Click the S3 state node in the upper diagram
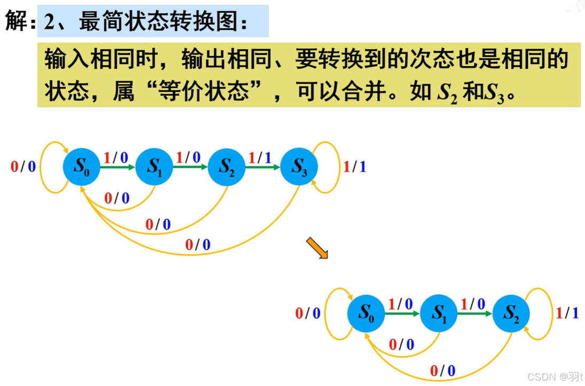coord(299,166)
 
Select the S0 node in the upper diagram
coord(81,166)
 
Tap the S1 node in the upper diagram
coord(154,166)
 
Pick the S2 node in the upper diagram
coord(227,166)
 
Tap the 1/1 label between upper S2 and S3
coord(260,158)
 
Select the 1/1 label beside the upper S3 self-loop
coord(355,167)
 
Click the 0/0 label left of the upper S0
coord(23,167)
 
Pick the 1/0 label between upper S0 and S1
coord(115,158)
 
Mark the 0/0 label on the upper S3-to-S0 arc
coord(198,245)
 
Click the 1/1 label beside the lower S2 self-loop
coord(567,313)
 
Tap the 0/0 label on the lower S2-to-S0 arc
coord(443,370)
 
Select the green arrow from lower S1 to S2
coord(474,313)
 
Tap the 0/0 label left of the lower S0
coord(308,313)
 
